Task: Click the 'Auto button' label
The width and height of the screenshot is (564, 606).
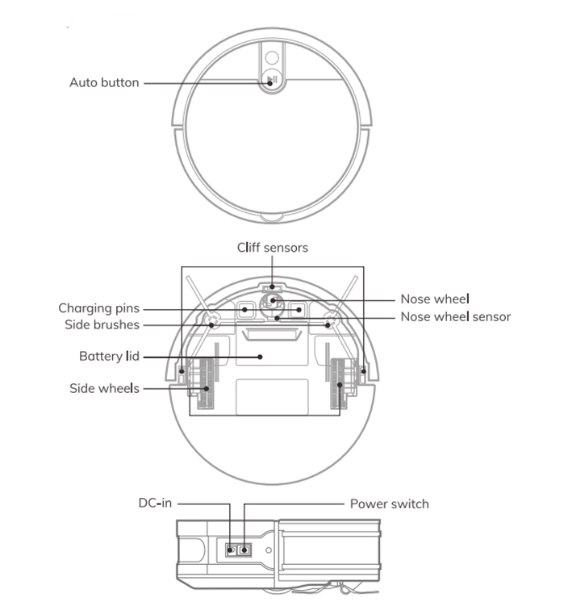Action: [104, 82]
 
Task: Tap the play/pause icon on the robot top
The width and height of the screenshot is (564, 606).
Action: [272, 81]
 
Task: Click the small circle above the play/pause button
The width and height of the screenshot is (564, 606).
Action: [272, 57]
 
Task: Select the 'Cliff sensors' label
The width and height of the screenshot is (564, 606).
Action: [273, 248]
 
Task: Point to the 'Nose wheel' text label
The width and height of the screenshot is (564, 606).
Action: [435, 299]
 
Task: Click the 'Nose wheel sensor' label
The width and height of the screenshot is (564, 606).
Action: [456, 317]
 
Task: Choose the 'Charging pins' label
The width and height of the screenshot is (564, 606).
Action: [99, 308]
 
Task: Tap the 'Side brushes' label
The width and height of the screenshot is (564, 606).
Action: [102, 324]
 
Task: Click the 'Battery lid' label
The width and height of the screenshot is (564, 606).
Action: [109, 357]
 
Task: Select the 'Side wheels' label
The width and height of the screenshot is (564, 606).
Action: [104, 388]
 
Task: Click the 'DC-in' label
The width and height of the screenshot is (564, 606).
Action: [155, 504]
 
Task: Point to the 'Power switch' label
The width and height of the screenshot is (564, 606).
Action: [390, 504]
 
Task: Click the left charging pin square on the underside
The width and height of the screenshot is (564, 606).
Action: [245, 310]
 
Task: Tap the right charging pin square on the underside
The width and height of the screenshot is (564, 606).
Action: [298, 310]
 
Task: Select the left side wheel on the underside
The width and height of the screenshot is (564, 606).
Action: [205, 384]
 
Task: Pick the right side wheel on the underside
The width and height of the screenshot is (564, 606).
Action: [339, 384]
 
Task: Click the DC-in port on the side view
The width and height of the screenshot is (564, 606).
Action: [231, 550]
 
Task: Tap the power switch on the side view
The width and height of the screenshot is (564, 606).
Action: [244, 550]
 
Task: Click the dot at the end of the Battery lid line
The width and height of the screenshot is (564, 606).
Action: [260, 357]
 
